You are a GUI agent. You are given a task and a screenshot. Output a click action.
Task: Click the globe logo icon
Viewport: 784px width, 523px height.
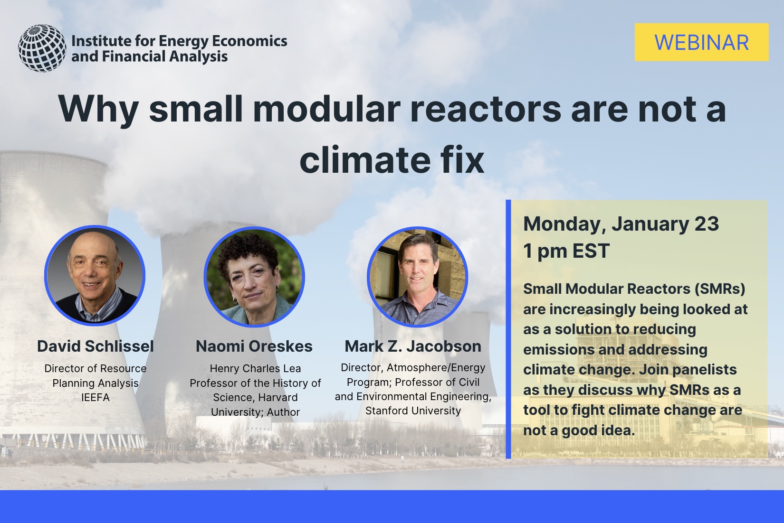[x=42, y=48]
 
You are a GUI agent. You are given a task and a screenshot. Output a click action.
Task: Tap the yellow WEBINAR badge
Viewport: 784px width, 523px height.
[x=701, y=42]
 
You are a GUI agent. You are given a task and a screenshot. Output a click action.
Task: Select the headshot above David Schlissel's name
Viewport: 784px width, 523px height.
[x=95, y=275]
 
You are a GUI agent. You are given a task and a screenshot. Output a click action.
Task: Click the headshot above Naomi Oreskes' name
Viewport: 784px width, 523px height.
[x=255, y=277]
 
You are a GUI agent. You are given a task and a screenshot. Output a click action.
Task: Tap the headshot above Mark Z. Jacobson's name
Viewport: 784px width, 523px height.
[x=417, y=277]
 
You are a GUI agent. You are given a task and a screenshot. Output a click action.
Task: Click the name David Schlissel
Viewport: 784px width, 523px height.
[x=95, y=346]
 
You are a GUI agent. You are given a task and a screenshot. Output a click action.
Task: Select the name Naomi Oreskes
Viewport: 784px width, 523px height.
[x=254, y=346]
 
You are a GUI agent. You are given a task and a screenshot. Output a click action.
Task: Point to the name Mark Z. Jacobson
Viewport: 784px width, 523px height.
[x=413, y=346]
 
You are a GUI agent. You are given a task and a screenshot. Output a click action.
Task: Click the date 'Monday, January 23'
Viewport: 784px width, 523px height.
[x=621, y=224]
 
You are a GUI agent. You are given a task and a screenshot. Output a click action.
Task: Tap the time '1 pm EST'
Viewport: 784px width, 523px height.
[x=566, y=250]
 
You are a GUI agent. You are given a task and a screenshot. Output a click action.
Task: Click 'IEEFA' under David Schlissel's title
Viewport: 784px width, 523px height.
[x=95, y=398]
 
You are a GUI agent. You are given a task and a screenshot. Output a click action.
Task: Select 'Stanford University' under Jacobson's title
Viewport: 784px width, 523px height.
[x=413, y=411]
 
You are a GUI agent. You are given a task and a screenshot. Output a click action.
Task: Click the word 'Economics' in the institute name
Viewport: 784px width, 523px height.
[x=249, y=41]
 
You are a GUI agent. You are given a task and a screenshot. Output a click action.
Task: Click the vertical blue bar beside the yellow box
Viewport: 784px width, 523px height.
[x=508, y=329]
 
